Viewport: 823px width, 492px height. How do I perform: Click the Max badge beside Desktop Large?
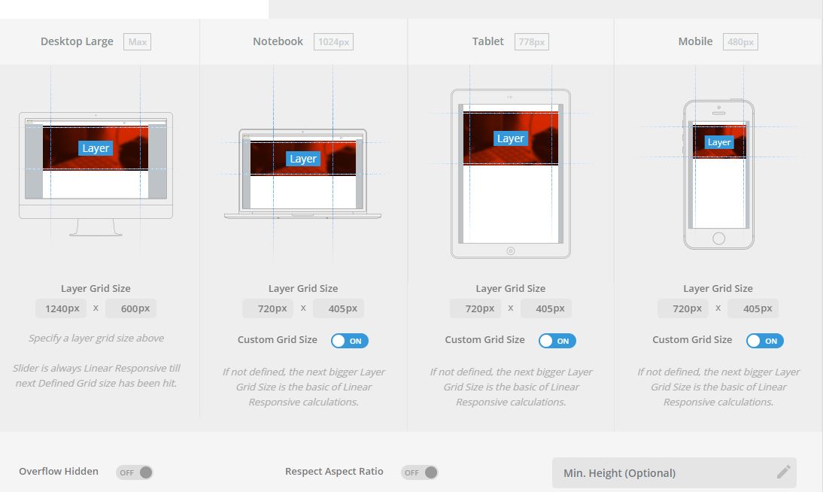click(x=137, y=42)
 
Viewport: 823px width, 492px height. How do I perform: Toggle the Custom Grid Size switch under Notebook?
click(x=350, y=341)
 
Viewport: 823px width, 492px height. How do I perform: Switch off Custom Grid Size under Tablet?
click(x=557, y=341)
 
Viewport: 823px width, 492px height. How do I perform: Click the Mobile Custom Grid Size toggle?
click(x=765, y=341)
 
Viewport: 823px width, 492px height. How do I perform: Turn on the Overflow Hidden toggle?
click(x=135, y=472)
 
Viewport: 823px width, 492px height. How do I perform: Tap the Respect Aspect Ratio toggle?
click(x=419, y=472)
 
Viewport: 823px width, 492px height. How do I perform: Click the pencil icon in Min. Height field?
click(x=784, y=472)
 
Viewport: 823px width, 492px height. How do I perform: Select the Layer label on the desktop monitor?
click(x=96, y=148)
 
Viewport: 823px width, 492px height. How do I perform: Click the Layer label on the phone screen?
click(x=718, y=142)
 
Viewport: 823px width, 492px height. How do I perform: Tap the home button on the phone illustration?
click(x=718, y=238)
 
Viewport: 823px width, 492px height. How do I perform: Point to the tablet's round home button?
click(x=510, y=251)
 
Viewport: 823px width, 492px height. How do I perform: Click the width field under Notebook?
click(x=268, y=308)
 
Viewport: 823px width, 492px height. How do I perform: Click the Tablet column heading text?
click(x=487, y=41)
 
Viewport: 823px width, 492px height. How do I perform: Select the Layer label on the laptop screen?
click(x=303, y=159)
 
